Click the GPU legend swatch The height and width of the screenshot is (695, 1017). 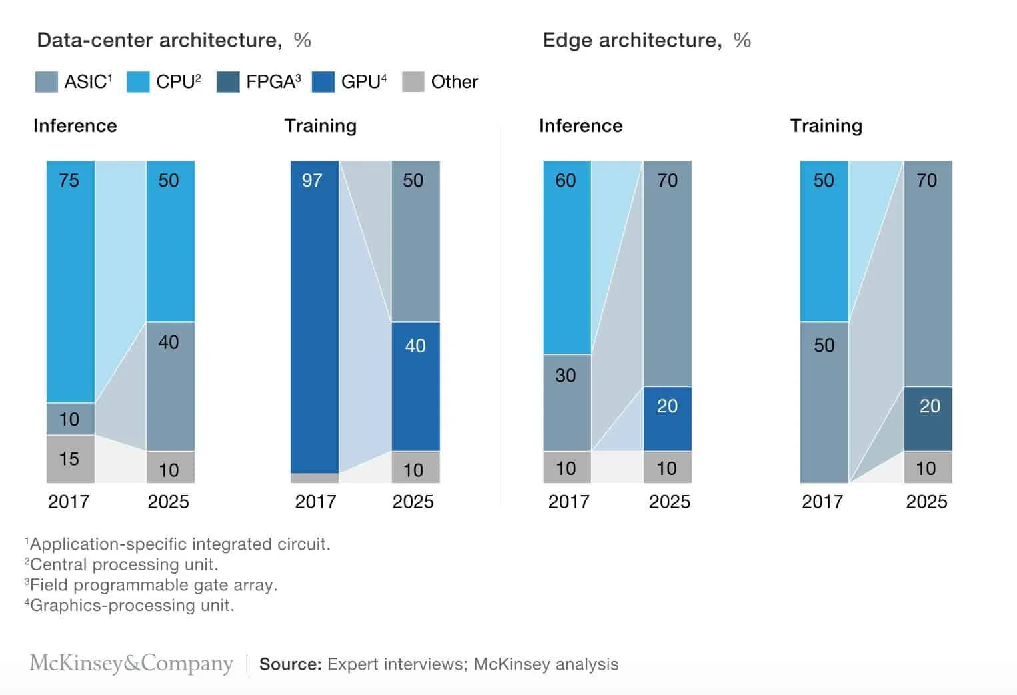[x=323, y=82]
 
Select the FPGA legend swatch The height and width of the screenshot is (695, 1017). [x=228, y=82]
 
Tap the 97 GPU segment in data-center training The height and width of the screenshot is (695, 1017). [x=315, y=317]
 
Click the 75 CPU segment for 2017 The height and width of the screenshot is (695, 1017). [x=70, y=281]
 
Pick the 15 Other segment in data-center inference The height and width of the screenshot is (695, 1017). [x=70, y=459]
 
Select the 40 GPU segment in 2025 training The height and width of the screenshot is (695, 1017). [x=415, y=386]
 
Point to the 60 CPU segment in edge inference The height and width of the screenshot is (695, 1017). [x=567, y=257]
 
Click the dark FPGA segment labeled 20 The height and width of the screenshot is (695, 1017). [x=928, y=418]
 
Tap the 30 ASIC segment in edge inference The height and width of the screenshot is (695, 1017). [x=567, y=402]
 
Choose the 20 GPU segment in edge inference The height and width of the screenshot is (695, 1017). [x=667, y=418]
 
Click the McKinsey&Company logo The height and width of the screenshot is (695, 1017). [x=131, y=664]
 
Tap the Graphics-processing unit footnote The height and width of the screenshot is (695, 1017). [x=131, y=606]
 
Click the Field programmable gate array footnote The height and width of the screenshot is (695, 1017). [x=152, y=585]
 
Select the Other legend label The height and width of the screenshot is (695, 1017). [x=454, y=82]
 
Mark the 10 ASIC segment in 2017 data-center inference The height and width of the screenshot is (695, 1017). [x=70, y=419]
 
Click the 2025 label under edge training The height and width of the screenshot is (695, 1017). [x=926, y=502]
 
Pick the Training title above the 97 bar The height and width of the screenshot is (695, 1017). [x=321, y=126]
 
